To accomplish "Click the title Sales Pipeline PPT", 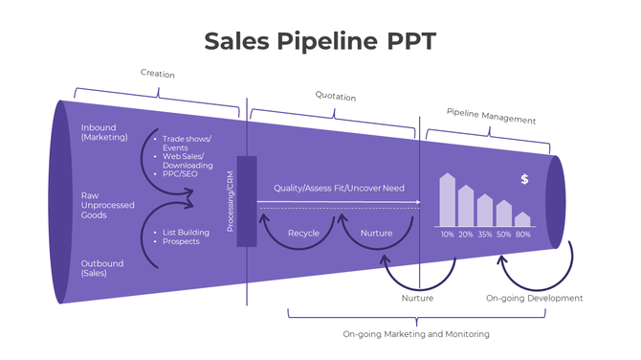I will pos(320,41).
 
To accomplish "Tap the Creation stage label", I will pos(158,74).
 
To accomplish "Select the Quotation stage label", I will pos(335,96).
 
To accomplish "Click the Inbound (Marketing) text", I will pos(102,132).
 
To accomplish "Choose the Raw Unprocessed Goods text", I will pos(106,205).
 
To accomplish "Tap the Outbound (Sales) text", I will pos(100,268).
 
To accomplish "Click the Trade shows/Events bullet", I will pos(187,143).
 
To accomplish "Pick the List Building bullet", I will pos(186,232).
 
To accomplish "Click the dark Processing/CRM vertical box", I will pos(247,200).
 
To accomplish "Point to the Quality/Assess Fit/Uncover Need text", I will pos(339,189).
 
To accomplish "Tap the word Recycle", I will pos(303,233).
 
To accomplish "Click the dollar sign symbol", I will pos(524,179).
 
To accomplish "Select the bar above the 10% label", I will pos(447,200).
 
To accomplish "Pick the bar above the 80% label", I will pos(522,219).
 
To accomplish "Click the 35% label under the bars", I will pos(485,235).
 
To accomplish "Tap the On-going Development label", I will pos(534,299).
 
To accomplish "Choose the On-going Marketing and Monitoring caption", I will pos(416,334).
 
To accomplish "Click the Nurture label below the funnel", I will pos(417,299).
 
